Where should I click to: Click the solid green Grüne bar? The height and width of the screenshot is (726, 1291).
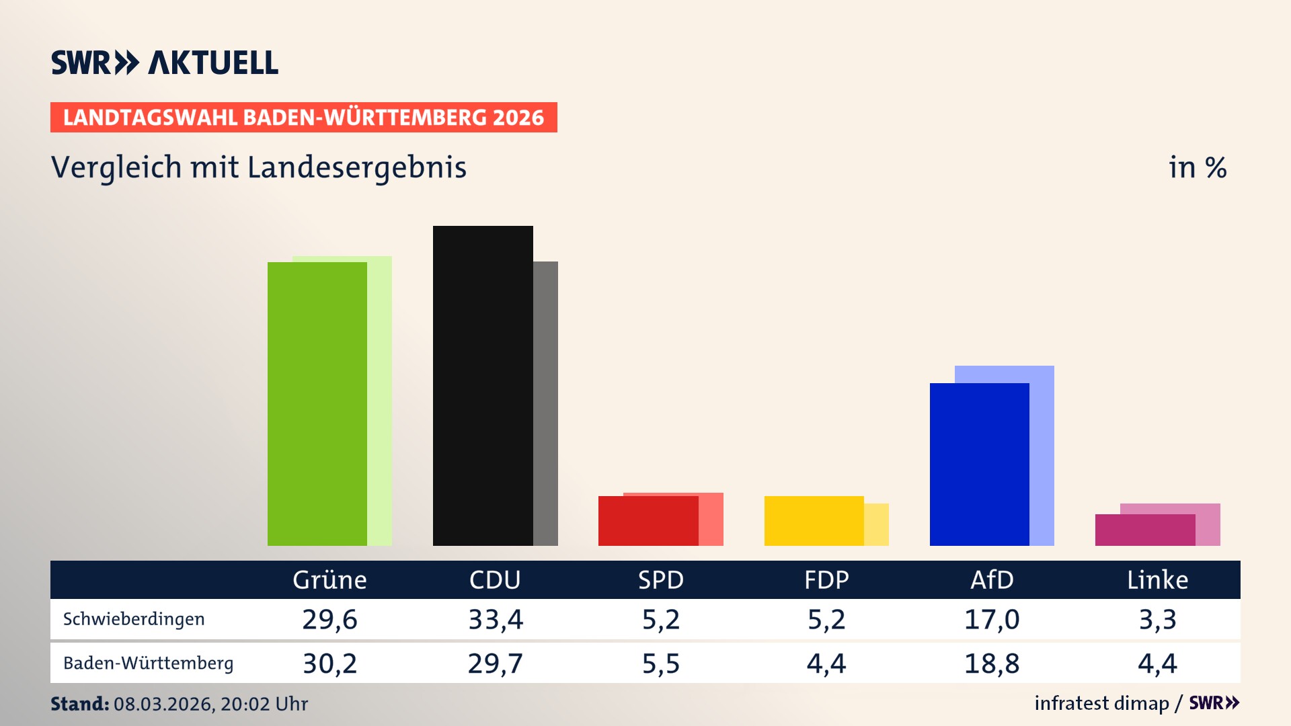(x=317, y=403)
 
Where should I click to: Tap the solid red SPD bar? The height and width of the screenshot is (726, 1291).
(x=648, y=521)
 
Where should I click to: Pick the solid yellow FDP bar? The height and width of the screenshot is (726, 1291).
(x=814, y=521)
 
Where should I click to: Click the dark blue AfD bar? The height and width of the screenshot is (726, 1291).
(x=979, y=464)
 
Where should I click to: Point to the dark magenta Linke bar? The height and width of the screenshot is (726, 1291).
(x=1145, y=530)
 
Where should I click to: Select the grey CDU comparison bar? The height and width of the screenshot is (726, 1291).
(x=545, y=403)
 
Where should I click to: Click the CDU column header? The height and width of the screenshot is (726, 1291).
(x=495, y=580)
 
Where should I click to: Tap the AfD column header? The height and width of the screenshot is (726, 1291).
(x=992, y=580)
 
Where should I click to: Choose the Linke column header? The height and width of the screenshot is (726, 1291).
(x=1157, y=580)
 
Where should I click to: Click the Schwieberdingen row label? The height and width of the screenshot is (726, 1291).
(x=134, y=619)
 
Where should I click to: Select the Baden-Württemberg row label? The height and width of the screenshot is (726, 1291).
(x=148, y=663)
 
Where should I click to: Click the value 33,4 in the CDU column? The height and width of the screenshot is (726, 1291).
(x=496, y=619)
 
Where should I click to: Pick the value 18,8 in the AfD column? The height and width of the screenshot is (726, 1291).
(x=992, y=663)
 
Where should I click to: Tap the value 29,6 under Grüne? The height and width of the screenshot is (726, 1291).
(x=329, y=619)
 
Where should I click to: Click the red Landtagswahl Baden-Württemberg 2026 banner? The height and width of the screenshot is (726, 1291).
(x=303, y=118)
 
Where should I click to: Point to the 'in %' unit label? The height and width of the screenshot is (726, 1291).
(x=1197, y=167)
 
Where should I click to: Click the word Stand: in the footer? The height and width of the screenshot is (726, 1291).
(x=79, y=704)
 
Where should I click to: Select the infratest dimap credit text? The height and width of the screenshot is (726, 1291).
(x=1101, y=703)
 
